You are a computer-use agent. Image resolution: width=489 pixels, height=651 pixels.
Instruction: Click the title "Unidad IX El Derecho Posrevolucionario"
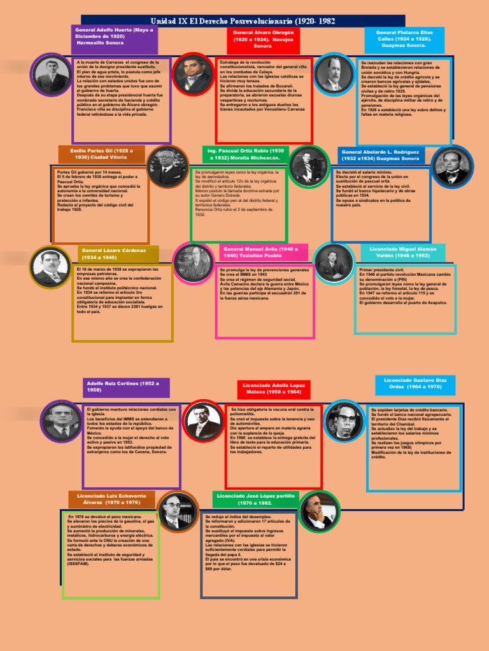[x=244, y=21]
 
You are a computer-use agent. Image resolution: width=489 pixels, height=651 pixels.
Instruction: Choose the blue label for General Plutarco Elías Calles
[x=404, y=39]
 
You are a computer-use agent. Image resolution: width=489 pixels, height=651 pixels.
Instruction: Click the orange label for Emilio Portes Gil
[x=98, y=153]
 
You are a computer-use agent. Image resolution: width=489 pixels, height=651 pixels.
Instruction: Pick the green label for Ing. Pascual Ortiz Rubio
[x=244, y=154]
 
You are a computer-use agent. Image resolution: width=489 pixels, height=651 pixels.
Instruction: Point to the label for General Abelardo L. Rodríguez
[x=381, y=155]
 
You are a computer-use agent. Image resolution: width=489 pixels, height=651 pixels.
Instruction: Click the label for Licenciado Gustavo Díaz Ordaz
[x=415, y=383]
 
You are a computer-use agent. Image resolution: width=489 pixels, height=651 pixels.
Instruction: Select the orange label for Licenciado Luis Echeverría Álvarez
[x=103, y=498]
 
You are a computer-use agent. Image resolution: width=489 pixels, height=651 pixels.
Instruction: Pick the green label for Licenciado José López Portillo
[x=255, y=498]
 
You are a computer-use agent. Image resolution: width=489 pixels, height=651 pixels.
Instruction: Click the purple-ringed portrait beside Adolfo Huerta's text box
[x=48, y=74]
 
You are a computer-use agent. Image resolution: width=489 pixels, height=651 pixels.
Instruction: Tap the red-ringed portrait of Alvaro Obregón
[x=194, y=74]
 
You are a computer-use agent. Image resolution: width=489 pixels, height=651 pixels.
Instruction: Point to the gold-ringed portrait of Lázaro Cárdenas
[x=50, y=267]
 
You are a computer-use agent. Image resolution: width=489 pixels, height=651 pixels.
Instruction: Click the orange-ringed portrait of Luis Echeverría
[x=177, y=512]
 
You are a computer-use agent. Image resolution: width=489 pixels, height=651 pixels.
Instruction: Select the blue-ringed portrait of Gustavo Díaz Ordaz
[x=344, y=421]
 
